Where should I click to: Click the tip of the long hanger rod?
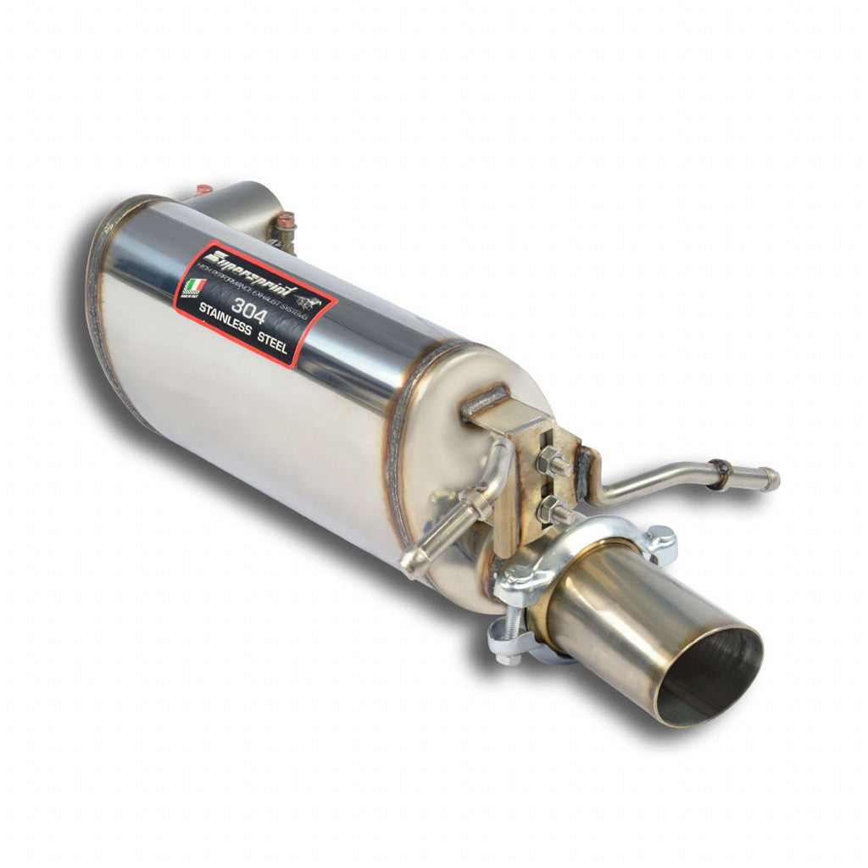point(771,481)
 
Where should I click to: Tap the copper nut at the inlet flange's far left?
point(204,189)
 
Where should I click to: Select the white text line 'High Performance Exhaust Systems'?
point(263,292)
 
